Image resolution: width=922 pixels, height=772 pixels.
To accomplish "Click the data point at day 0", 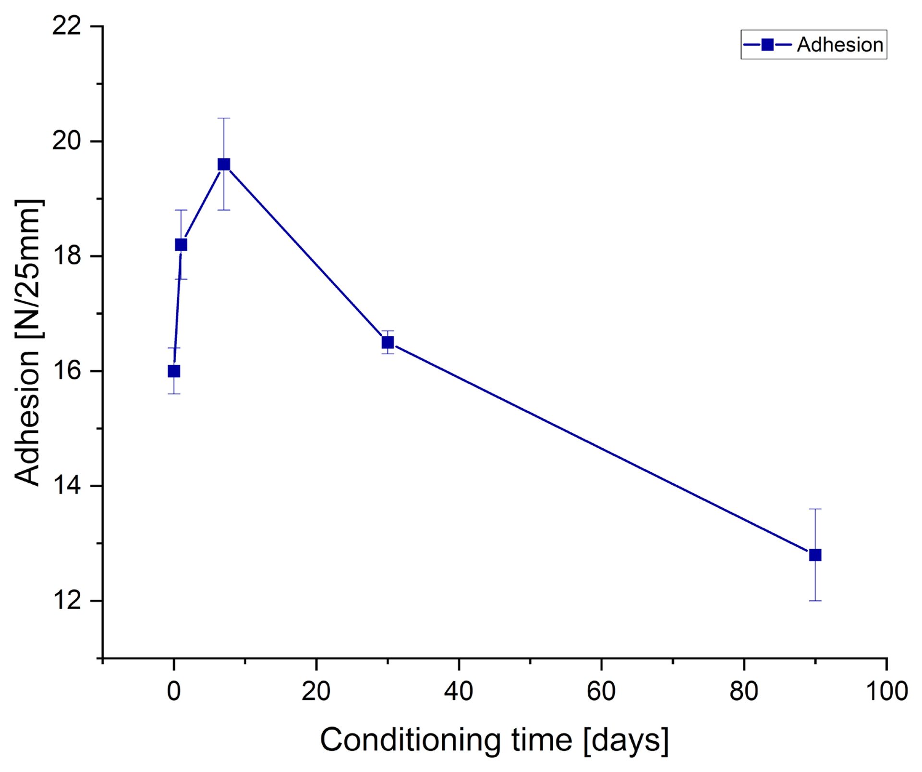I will [x=174, y=371].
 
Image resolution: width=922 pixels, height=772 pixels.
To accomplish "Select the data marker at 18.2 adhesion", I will [x=181, y=245].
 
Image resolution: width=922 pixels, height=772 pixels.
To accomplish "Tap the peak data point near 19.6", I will [x=224, y=164].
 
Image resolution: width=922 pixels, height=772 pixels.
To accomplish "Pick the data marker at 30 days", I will [x=388, y=343].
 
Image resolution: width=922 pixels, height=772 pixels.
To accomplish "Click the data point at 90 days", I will [x=815, y=555].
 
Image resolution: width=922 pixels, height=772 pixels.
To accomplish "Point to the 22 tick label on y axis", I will [x=67, y=26].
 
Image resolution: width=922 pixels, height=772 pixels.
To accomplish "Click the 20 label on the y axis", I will [x=67, y=141].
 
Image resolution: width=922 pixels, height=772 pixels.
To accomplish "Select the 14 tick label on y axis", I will [x=67, y=486].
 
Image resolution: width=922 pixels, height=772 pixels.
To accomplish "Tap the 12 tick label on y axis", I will [x=67, y=600].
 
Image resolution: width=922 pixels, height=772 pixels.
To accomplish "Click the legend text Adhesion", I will [x=840, y=45].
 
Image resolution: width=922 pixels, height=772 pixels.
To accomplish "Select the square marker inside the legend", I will [x=767, y=45].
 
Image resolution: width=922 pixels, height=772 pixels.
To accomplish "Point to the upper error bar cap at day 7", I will [x=224, y=118].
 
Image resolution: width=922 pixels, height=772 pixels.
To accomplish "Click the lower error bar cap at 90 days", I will [x=815, y=600].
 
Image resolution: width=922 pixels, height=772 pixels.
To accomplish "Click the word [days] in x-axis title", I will [x=626, y=740].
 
